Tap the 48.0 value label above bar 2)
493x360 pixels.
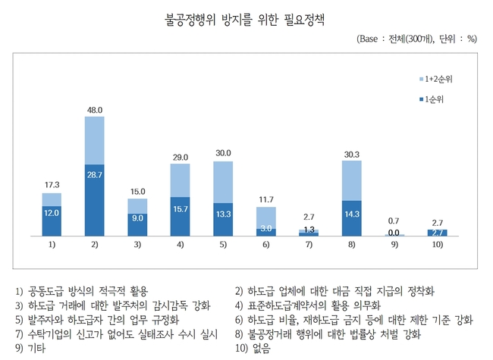click(x=95, y=109)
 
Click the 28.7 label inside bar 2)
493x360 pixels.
click(x=95, y=175)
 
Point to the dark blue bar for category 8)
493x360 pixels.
click(x=352, y=218)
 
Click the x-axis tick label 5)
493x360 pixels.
click(x=223, y=246)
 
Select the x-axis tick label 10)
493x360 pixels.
click(x=438, y=246)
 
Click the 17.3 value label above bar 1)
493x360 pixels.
click(x=52, y=185)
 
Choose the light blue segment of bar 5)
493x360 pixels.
click(x=223, y=182)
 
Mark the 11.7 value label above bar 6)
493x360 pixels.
click(x=266, y=199)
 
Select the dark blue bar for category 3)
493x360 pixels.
click(x=137, y=224)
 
